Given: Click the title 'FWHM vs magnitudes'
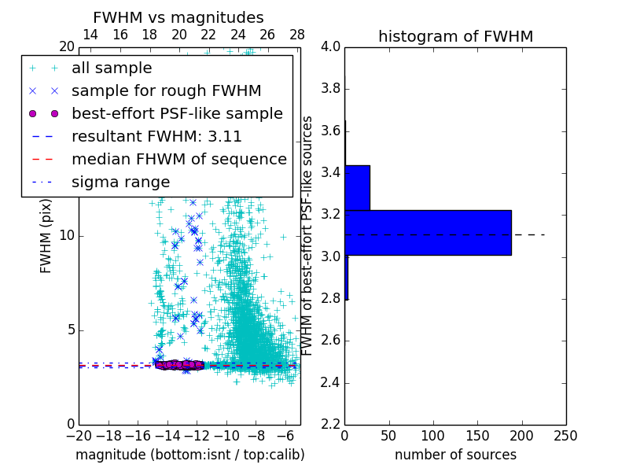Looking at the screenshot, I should coord(178,17).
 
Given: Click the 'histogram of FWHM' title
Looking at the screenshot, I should coord(455,36).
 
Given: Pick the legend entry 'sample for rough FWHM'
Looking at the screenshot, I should coord(166,91).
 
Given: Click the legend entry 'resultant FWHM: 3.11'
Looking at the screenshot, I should coord(156,136).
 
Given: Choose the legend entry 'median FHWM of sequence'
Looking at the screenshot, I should coord(178,159).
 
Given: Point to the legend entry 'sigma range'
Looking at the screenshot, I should coord(120,182).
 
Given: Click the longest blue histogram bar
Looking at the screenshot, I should coord(428,232).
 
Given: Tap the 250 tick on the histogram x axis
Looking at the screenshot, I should coord(565,435).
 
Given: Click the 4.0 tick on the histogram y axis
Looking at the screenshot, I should coord(330,46).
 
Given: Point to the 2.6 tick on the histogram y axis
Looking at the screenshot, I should coord(330,341).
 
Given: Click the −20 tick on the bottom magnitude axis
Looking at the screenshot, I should coord(79,435).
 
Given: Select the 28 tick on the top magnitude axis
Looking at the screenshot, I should coord(297,35).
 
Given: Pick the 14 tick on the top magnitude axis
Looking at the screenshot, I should coord(90,35).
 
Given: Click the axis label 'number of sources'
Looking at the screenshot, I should coord(455,455).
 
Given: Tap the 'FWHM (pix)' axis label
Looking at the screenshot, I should coord(46,236).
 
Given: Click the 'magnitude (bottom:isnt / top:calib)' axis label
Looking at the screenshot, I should coord(189,455).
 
